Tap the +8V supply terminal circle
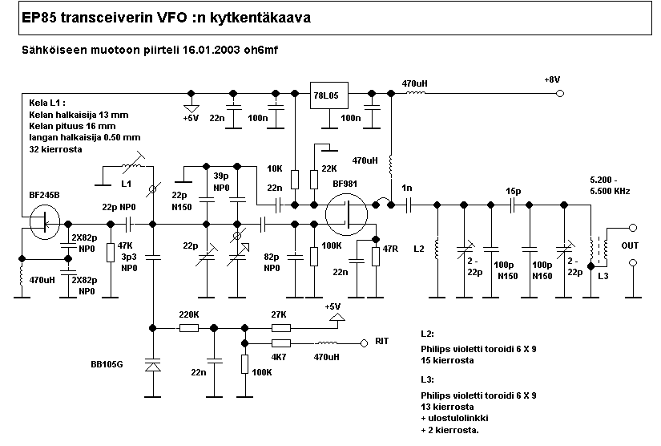pyautogui.click(x=559, y=94)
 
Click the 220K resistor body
pyautogui.click(x=189, y=327)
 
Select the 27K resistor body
pyautogui.click(x=280, y=327)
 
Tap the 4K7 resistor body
pyautogui.click(x=280, y=343)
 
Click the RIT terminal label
pyautogui.click(x=382, y=341)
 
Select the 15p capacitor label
pyautogui.click(x=512, y=191)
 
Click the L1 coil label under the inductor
pyautogui.click(x=125, y=183)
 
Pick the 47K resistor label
pyautogui.click(x=125, y=246)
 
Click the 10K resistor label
pyautogui.click(x=275, y=168)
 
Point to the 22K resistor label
pyautogui.click(x=328, y=168)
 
